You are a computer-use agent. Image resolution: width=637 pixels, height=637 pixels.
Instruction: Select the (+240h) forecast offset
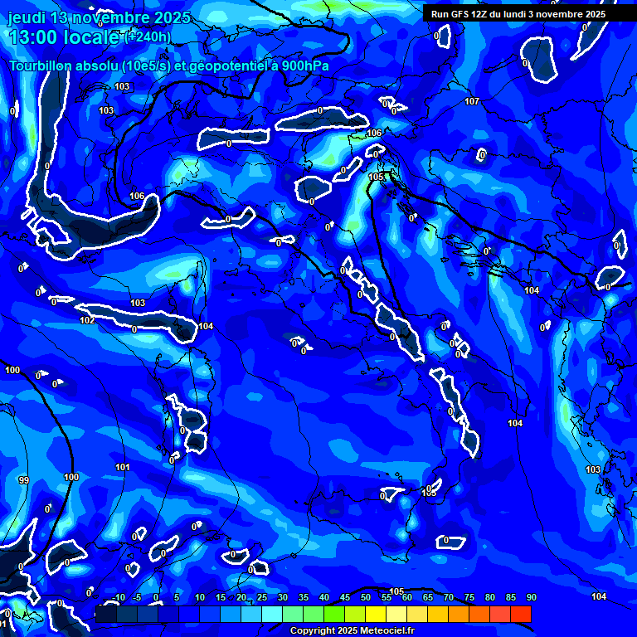pyautogui.click(x=148, y=36)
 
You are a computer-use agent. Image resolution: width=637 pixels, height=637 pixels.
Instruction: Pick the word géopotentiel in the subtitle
pyautogui.click(x=224, y=66)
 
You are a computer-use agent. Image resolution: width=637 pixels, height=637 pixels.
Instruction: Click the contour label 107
pyautogui.click(x=472, y=101)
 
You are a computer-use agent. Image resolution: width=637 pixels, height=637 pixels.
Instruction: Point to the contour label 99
pyautogui.click(x=23, y=481)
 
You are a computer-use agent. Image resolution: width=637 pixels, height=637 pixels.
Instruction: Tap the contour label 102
pyautogui.click(x=87, y=320)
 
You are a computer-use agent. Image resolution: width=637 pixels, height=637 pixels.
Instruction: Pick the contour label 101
pyautogui.click(x=123, y=468)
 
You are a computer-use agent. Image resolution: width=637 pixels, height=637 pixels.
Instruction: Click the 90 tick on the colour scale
pyautogui.click(x=531, y=598)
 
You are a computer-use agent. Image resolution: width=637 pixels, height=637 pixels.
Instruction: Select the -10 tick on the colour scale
pyautogui.click(x=119, y=598)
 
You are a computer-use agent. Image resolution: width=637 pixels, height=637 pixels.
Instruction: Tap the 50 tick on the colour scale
pyautogui.click(x=366, y=598)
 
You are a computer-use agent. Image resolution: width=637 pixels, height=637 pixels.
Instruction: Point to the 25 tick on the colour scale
pyautogui.click(x=262, y=598)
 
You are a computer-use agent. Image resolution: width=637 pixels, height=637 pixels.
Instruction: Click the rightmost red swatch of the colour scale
pyautogui.click(x=521, y=614)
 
